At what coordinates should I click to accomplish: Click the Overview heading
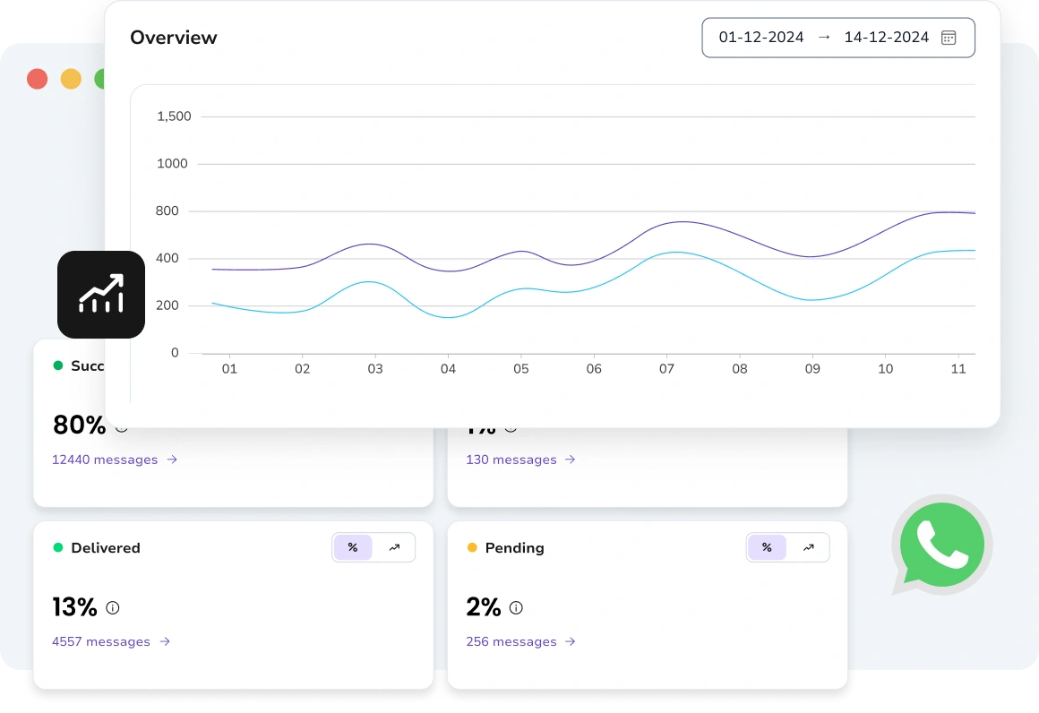(173, 38)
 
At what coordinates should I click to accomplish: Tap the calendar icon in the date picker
(949, 38)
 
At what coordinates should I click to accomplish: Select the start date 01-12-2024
(761, 38)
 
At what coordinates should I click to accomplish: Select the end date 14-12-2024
(886, 38)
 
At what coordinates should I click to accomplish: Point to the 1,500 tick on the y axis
(174, 116)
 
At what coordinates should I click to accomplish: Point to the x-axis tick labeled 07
(666, 369)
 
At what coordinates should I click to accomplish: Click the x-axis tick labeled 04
(448, 369)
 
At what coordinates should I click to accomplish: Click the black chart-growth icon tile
(101, 295)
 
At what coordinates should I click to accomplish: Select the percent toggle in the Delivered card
(353, 547)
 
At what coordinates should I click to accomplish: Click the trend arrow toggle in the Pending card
(808, 547)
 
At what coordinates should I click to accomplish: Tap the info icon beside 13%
(113, 607)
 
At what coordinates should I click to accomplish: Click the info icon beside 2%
(516, 607)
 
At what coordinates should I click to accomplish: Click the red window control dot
(37, 79)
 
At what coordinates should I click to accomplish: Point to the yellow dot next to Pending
(472, 547)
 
